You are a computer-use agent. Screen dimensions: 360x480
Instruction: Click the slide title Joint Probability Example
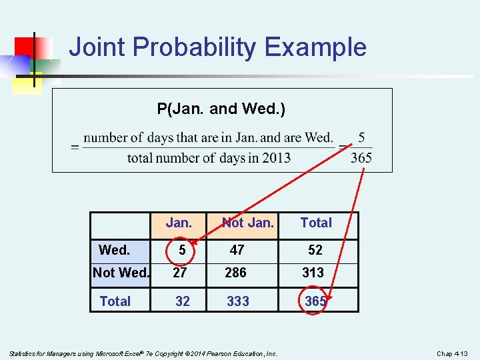pyautogui.click(x=217, y=47)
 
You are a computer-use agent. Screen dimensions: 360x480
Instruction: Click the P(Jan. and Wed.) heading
pyautogui.click(x=221, y=109)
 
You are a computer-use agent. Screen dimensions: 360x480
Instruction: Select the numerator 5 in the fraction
pyautogui.click(x=361, y=137)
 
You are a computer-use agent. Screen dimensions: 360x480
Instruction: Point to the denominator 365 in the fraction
pyautogui.click(x=361, y=158)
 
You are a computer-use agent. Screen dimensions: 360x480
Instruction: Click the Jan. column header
pyautogui.click(x=179, y=223)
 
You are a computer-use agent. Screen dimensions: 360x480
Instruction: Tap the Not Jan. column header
pyautogui.click(x=248, y=223)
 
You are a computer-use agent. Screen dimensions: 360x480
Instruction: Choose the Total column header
pyautogui.click(x=316, y=223)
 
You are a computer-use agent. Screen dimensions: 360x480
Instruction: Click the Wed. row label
pyautogui.click(x=114, y=250)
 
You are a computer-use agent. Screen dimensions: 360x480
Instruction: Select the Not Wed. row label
pyautogui.click(x=121, y=273)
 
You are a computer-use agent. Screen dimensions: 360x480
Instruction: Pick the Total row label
pyautogui.click(x=115, y=301)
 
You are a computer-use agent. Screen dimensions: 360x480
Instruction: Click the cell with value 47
pyautogui.click(x=237, y=250)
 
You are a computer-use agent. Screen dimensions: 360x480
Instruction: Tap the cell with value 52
pyautogui.click(x=315, y=250)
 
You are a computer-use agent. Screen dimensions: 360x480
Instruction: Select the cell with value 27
pyautogui.click(x=180, y=273)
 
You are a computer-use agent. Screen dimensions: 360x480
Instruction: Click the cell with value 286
pyautogui.click(x=235, y=273)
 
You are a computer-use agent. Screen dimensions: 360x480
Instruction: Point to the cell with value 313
pyautogui.click(x=313, y=273)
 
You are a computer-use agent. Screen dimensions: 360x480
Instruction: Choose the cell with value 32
pyautogui.click(x=182, y=301)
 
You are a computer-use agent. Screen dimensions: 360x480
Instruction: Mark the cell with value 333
pyautogui.click(x=238, y=301)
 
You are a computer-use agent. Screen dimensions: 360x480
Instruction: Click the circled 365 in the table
pyautogui.click(x=315, y=301)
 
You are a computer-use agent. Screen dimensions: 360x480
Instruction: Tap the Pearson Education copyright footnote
pyautogui.click(x=143, y=353)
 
